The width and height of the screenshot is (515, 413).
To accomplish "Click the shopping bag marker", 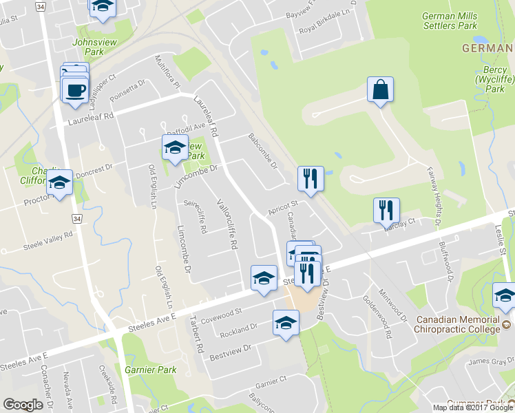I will click(x=380, y=89).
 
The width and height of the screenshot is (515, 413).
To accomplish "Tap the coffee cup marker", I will click(x=75, y=89).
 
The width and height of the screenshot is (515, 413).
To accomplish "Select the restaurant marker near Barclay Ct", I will click(x=386, y=210).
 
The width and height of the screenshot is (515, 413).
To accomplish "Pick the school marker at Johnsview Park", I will click(x=103, y=7).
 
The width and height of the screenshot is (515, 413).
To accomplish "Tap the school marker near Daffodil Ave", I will click(x=175, y=147).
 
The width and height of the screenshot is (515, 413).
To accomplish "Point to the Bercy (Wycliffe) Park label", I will click(x=490, y=80).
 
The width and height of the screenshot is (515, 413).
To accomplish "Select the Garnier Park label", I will click(x=151, y=370).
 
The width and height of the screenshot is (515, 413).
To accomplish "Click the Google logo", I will click(x=23, y=405).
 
